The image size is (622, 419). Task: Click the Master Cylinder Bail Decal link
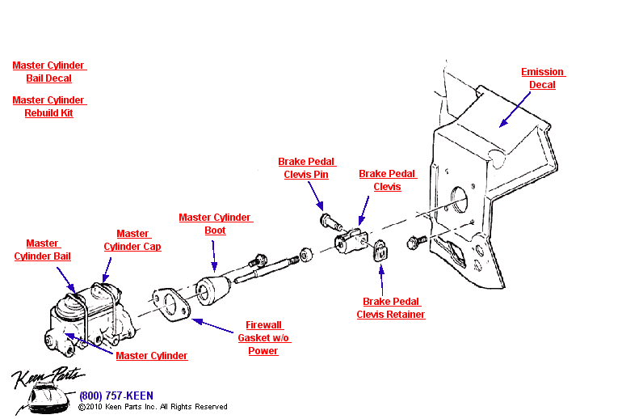(x=49, y=72)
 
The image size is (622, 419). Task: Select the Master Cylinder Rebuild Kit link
(x=49, y=107)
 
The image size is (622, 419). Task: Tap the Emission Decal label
(x=542, y=78)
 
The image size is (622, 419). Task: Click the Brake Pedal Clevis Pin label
(x=307, y=168)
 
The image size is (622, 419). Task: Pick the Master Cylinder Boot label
(x=215, y=224)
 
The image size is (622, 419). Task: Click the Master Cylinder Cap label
(x=132, y=240)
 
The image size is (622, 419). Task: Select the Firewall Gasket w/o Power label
(x=263, y=338)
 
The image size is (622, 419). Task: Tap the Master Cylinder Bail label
(x=42, y=250)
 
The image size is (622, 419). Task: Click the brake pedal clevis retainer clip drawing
(x=380, y=252)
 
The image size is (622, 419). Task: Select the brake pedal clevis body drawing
(x=352, y=240)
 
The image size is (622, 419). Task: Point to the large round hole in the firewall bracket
(x=458, y=202)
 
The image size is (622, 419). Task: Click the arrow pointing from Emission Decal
(x=515, y=108)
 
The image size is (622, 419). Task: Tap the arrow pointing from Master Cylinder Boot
(x=214, y=255)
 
